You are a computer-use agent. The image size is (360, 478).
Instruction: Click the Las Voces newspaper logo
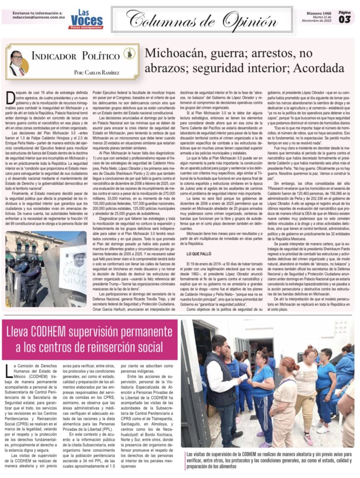86,20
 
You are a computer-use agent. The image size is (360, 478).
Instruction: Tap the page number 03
345,20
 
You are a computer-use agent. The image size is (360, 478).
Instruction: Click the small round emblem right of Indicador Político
130,54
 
